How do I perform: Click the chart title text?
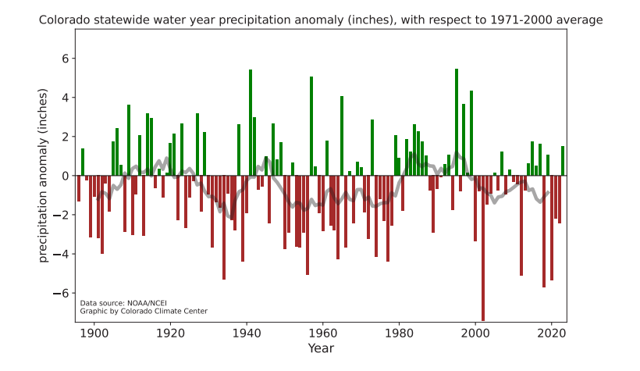pos(320,19)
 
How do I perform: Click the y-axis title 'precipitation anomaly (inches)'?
pos(44,176)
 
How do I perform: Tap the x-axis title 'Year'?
pos(320,348)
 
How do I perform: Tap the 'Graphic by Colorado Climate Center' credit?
pos(144,311)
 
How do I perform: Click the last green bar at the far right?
pos(563,161)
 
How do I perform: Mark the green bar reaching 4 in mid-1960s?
pos(342,136)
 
